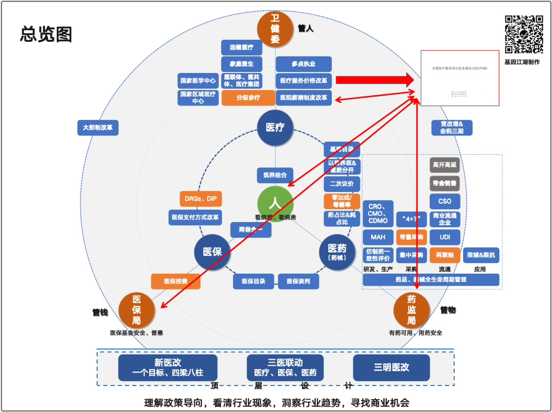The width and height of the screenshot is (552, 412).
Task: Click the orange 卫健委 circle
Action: coord(275,28)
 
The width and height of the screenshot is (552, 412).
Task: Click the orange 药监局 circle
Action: coord(411,309)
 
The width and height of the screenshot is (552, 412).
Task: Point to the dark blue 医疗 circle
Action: coord(275,128)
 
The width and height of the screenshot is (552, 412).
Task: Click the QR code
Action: coord(523,34)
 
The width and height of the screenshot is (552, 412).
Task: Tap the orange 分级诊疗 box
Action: coord(248,98)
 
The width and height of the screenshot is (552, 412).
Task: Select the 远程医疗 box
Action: coord(242,47)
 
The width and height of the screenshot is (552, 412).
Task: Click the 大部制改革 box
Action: coord(98,127)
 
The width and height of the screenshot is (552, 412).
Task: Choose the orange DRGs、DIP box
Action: coord(201,199)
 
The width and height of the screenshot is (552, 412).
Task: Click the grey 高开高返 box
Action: coord(445,165)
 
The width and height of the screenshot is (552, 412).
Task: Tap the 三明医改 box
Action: coord(391,368)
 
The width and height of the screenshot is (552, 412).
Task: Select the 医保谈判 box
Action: coord(298,281)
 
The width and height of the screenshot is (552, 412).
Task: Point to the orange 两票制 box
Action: coord(445,255)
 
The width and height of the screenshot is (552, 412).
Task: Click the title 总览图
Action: coord(46,34)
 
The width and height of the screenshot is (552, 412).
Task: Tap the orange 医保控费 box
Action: coord(175,281)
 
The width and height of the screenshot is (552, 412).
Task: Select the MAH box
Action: coord(378,237)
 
